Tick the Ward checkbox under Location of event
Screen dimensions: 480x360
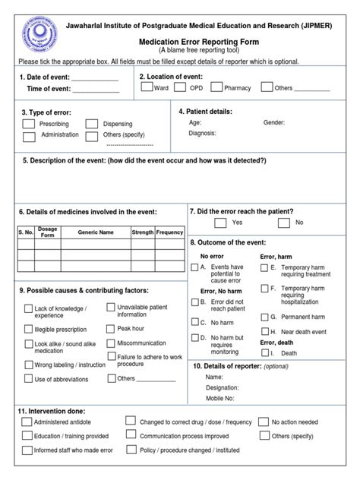[147, 87]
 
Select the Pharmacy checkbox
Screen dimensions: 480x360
[216, 87]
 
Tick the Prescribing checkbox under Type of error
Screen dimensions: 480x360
[28, 124]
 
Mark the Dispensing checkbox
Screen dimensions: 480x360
[92, 124]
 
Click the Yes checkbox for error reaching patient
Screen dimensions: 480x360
[220, 223]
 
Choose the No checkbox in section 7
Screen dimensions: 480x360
[283, 223]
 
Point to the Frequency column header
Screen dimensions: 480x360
[169, 232]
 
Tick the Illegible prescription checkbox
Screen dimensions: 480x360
[28, 330]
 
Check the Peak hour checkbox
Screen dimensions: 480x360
[111, 329]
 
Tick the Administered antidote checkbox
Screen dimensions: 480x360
[27, 422]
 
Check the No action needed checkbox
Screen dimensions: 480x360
[264, 422]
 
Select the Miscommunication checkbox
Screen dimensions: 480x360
[111, 343]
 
